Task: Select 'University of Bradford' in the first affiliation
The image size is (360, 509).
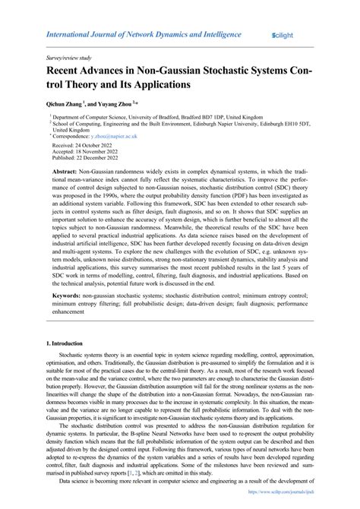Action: [x=156, y=119]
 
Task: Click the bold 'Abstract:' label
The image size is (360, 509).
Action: [x=65, y=172]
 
